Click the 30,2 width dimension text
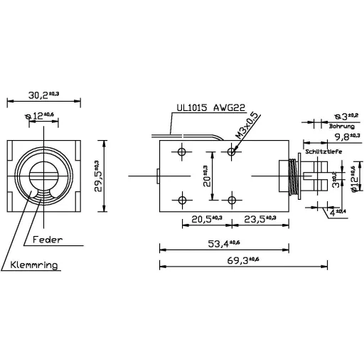[43, 93]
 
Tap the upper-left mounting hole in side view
[183, 152]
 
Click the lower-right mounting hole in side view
[232, 199]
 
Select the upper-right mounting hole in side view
[232, 152]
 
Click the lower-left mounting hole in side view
[183, 199]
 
